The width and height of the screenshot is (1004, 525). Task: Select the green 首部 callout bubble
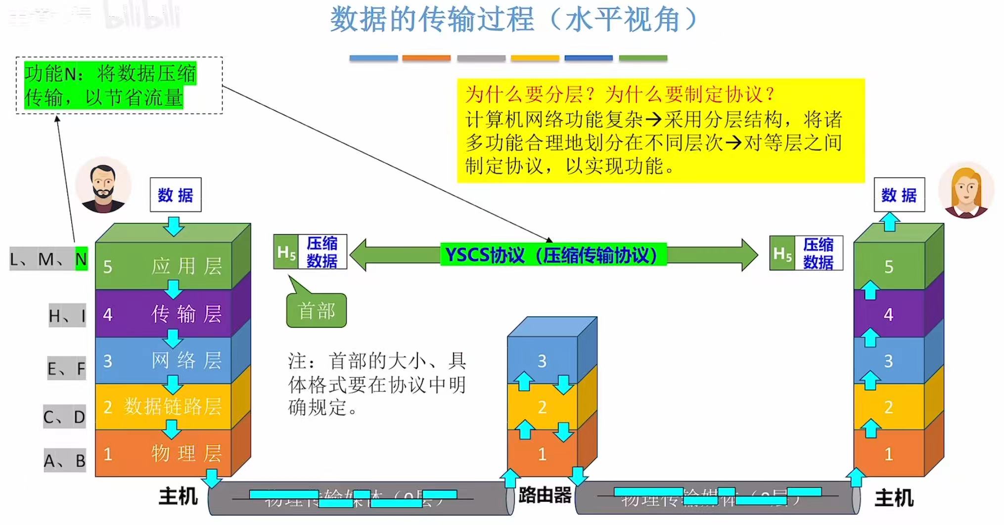317,311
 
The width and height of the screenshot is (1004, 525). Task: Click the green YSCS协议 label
552,255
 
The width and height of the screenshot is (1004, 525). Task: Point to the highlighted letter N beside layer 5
81,259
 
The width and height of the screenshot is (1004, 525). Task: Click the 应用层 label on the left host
186,266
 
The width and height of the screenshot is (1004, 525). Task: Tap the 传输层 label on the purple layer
186,314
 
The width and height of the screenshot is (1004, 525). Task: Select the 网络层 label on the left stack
186,361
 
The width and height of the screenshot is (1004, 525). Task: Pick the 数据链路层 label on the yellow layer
173,406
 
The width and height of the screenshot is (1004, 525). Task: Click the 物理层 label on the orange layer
186,453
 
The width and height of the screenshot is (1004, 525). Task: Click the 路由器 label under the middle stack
545,495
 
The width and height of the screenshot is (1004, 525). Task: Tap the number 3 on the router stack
542,361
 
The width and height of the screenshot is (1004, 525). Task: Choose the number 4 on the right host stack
888,314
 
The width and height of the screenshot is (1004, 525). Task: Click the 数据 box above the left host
176,195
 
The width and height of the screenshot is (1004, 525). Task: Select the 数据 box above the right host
899,195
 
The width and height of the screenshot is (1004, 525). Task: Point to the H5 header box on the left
286,252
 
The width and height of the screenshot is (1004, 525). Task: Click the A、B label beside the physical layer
65,461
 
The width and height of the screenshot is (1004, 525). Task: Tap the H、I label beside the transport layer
67,316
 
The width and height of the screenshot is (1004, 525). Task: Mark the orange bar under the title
426,58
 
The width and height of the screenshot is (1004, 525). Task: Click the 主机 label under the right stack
894,498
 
